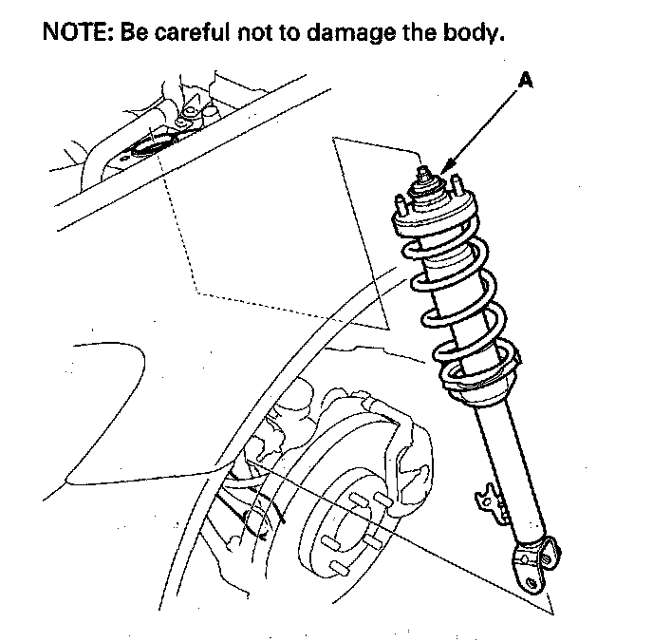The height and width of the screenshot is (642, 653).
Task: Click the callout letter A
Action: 525,84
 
